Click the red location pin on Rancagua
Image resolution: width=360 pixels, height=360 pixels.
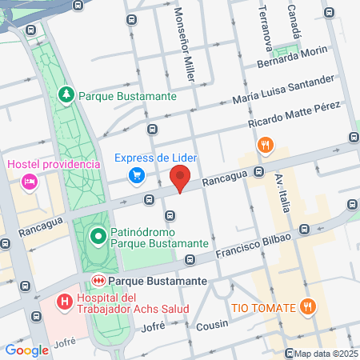coord(182,177)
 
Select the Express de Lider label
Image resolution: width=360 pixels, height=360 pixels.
coord(156,157)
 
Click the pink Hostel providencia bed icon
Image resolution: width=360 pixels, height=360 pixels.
coord(30,182)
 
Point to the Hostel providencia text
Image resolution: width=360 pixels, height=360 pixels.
coord(54,164)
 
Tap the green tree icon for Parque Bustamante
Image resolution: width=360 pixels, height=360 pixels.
coord(67,95)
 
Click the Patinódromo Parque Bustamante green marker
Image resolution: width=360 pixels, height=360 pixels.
coord(98,236)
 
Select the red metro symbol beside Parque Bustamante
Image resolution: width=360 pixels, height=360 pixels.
coord(98,282)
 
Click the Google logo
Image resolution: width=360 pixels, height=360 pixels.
coord(26,350)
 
